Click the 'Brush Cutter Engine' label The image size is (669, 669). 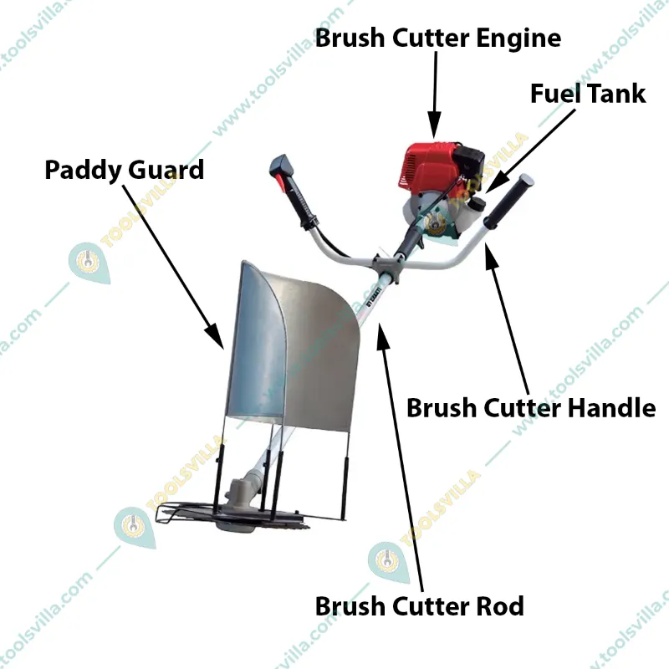tap(437, 38)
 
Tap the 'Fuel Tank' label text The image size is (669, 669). tap(588, 94)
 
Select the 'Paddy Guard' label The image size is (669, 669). tap(124, 170)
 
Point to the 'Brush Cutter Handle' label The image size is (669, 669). tap(531, 408)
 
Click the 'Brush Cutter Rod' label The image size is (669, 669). tap(419, 606)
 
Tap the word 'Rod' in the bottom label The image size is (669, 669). tap(499, 606)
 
